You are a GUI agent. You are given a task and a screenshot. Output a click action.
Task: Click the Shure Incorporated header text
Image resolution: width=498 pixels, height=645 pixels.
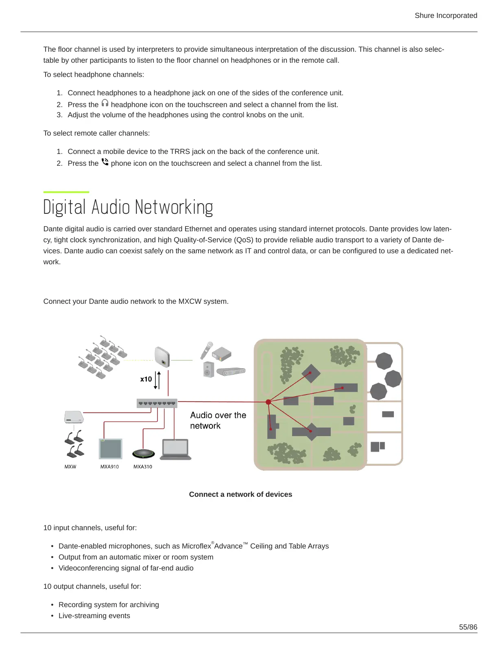click(446, 15)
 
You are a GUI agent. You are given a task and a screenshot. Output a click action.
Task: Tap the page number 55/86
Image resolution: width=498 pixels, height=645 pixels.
click(468, 627)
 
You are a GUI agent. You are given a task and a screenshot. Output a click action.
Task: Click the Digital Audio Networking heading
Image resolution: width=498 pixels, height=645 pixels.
click(128, 207)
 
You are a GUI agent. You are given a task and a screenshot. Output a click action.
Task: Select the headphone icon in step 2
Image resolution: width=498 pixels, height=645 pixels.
click(105, 103)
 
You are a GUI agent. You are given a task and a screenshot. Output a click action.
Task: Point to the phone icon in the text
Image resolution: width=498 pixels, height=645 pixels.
click(105, 162)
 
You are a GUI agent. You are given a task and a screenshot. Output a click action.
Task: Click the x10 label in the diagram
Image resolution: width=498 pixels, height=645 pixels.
click(146, 379)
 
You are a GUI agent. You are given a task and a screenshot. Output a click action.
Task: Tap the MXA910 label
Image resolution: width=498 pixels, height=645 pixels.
click(109, 467)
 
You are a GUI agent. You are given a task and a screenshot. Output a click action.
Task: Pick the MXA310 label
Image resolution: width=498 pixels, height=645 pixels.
click(143, 467)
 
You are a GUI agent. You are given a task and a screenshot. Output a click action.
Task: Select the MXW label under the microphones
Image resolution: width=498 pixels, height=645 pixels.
click(70, 467)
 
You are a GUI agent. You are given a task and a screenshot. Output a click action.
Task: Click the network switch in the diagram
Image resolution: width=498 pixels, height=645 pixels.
click(157, 403)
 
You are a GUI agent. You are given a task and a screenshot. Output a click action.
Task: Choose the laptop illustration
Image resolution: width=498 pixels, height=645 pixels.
click(175, 450)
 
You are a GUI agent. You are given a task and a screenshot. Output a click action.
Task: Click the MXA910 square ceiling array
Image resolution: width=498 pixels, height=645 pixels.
click(111, 449)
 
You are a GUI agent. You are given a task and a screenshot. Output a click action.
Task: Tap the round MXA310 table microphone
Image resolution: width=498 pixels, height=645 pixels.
click(144, 454)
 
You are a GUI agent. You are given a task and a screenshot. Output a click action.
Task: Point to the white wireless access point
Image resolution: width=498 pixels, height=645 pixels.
click(162, 356)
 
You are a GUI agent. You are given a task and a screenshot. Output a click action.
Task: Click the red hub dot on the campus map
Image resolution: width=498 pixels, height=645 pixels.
click(268, 402)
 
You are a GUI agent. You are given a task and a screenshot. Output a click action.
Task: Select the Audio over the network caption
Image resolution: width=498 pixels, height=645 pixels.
click(218, 420)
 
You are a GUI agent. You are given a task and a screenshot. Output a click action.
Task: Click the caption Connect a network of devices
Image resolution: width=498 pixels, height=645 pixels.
click(240, 494)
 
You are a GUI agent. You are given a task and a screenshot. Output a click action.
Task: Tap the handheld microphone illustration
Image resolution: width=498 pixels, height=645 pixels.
click(206, 349)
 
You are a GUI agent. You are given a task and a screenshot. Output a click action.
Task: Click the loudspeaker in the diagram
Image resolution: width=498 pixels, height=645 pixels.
click(208, 369)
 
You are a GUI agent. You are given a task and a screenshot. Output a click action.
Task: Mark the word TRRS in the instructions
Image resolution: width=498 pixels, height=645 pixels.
click(180, 151)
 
